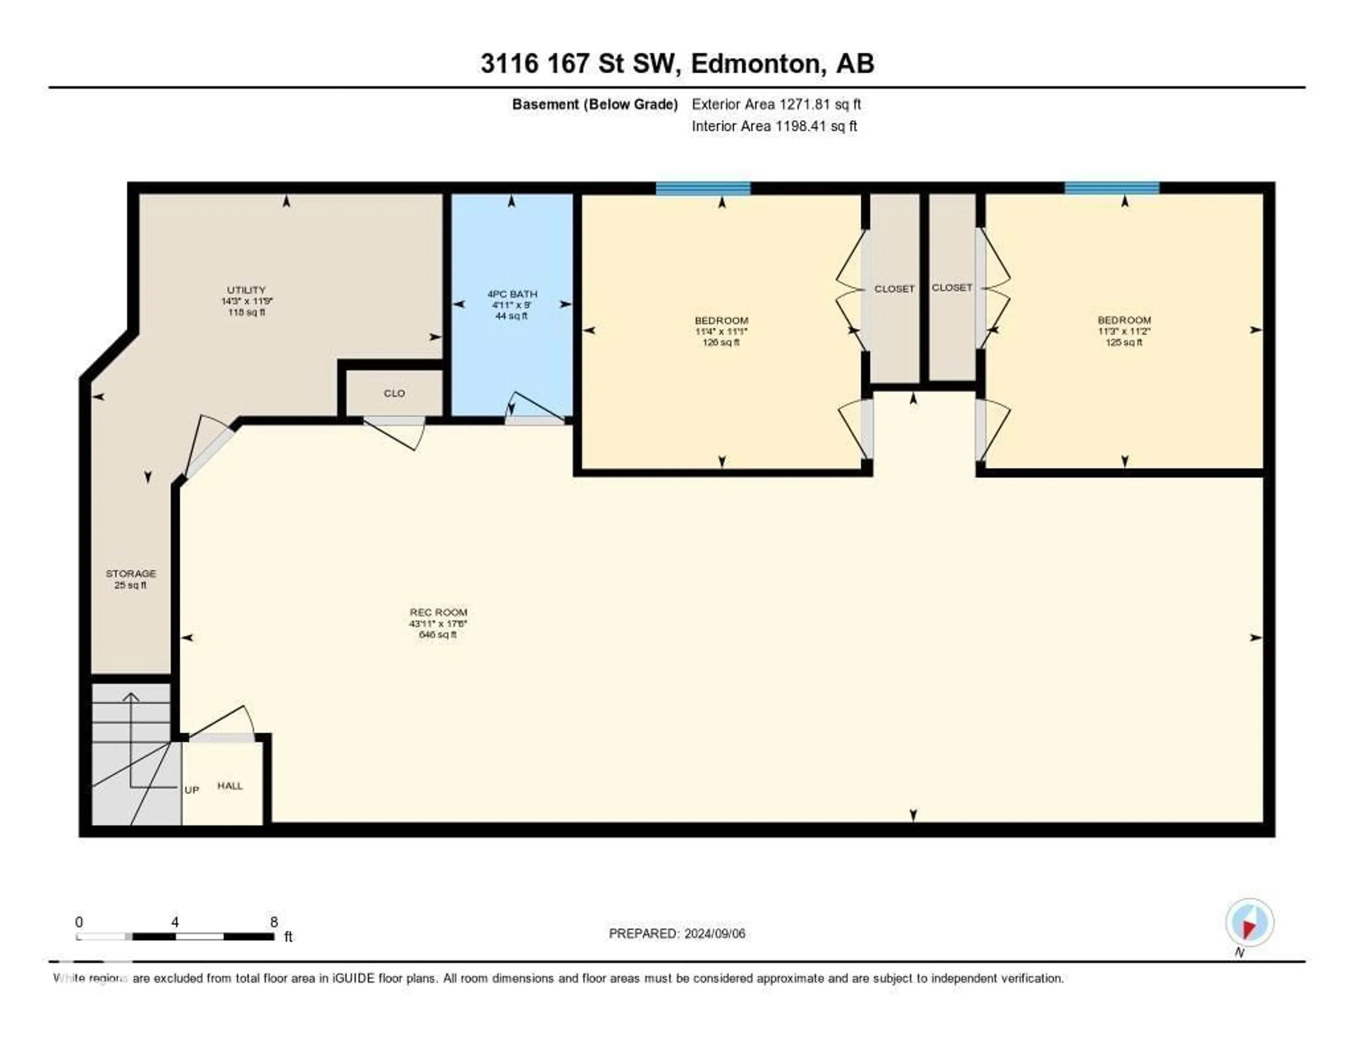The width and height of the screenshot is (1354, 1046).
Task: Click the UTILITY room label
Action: (x=246, y=290)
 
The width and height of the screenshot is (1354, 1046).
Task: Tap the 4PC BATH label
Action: (x=512, y=294)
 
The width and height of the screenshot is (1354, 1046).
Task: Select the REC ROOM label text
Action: (x=438, y=612)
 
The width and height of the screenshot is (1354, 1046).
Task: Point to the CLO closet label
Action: (x=394, y=393)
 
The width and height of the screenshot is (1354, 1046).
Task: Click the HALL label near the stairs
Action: (x=230, y=786)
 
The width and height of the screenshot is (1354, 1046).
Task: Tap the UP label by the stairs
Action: (x=191, y=790)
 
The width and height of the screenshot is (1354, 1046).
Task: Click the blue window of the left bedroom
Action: (x=703, y=188)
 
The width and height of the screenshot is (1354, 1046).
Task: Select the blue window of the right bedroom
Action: (x=1112, y=188)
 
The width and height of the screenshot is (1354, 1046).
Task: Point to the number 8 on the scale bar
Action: (x=274, y=922)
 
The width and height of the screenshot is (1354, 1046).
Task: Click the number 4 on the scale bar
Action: (x=176, y=922)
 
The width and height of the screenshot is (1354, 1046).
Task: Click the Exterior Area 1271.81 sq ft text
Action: (x=776, y=104)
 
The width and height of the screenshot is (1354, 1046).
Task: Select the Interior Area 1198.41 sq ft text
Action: (x=774, y=126)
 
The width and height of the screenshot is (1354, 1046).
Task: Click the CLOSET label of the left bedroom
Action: (x=894, y=289)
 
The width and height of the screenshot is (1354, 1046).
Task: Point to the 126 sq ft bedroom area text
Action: (x=721, y=342)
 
